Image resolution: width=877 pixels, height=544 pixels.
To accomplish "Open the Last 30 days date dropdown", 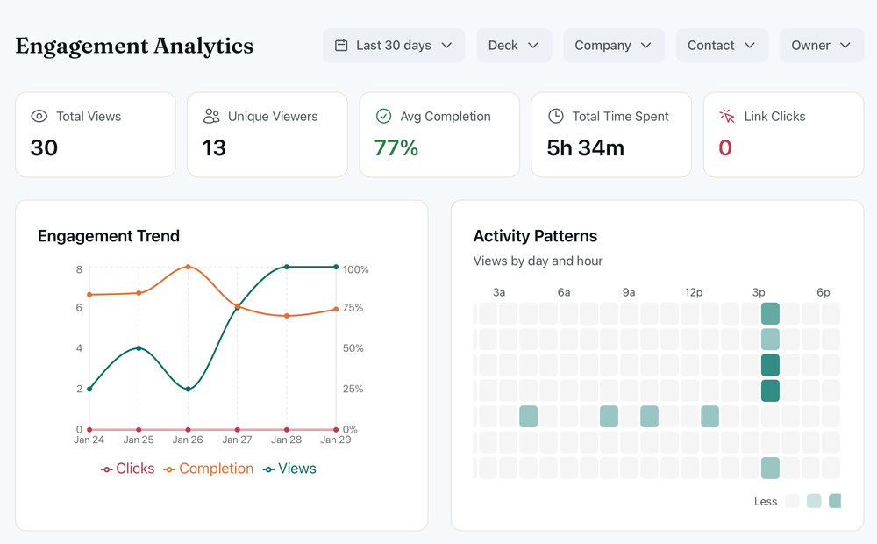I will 394,46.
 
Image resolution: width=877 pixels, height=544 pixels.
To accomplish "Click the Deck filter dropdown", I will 514,46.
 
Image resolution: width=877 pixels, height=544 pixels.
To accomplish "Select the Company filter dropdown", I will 613,46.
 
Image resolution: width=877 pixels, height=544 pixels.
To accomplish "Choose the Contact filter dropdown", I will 722,46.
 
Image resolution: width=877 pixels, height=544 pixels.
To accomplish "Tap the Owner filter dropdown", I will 821,46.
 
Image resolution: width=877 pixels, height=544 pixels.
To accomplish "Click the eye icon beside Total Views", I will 39,117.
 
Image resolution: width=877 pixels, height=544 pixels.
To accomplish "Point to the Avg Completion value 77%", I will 396,148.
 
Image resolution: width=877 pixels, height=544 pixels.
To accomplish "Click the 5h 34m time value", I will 585,148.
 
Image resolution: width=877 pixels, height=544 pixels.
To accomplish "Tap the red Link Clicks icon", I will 726,117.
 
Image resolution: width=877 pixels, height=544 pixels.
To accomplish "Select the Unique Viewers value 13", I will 214,148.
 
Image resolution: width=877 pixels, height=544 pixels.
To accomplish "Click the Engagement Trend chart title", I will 109,236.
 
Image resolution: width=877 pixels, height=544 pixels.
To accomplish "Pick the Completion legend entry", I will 209,469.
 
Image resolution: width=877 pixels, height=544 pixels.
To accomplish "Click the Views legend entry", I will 290,469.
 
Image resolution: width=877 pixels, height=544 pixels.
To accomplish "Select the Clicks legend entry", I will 128,469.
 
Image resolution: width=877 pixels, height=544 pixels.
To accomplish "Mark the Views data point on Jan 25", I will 139,348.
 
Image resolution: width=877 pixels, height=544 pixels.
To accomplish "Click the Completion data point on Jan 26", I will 189,267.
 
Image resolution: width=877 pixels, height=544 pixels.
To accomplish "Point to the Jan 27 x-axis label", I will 238,440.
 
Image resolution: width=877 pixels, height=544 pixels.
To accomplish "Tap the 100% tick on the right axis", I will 355,269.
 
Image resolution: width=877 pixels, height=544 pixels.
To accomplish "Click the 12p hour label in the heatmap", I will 694,292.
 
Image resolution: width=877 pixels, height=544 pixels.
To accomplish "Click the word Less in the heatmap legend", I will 766,502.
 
